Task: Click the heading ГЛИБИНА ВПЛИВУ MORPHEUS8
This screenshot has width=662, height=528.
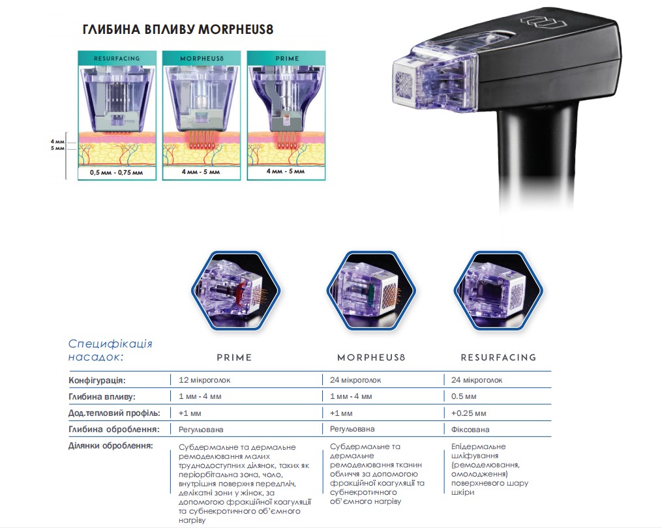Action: tap(178, 29)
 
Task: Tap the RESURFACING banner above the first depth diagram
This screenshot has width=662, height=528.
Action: tap(117, 58)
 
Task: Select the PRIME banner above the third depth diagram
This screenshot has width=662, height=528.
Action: tap(287, 58)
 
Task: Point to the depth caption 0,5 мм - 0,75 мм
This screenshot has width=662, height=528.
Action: tap(117, 172)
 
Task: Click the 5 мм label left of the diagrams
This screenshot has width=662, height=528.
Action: tap(57, 148)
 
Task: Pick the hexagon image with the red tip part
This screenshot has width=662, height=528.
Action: tap(236, 290)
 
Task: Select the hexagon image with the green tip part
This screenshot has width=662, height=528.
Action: tap(371, 290)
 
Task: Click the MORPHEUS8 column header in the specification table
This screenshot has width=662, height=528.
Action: tap(371, 357)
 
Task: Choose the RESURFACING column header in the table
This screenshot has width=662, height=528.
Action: tap(498, 357)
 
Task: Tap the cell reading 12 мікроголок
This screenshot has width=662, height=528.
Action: tap(204, 380)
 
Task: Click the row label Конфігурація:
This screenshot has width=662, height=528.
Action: tap(97, 380)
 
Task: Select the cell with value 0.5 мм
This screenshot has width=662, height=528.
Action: tap(464, 396)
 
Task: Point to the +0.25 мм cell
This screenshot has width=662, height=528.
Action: tap(469, 413)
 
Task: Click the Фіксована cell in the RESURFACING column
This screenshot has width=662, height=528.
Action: tap(470, 430)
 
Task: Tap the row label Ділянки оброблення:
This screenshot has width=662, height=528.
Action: tap(111, 446)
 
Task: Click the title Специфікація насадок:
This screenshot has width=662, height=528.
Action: tap(110, 350)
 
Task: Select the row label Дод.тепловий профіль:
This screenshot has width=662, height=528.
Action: tap(114, 413)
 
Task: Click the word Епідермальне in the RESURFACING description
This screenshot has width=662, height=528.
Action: tap(478, 447)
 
